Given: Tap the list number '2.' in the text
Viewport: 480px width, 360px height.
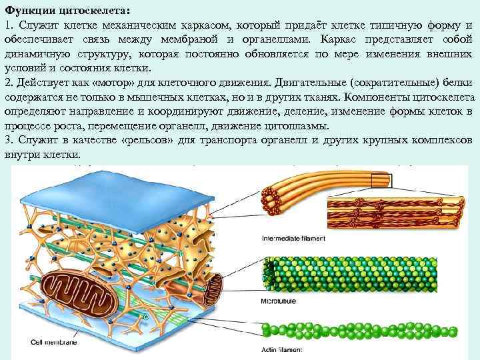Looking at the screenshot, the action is tap(8, 83).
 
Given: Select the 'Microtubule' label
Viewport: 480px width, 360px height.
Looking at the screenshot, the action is tap(279, 302).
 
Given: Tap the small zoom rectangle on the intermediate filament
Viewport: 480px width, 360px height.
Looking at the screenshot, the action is tap(381, 178).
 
